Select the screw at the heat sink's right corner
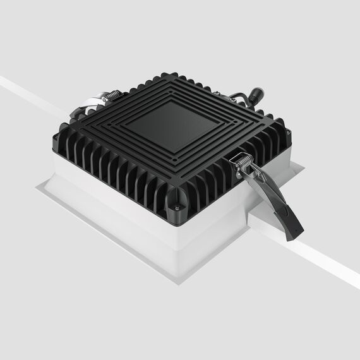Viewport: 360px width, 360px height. [x=288, y=133]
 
